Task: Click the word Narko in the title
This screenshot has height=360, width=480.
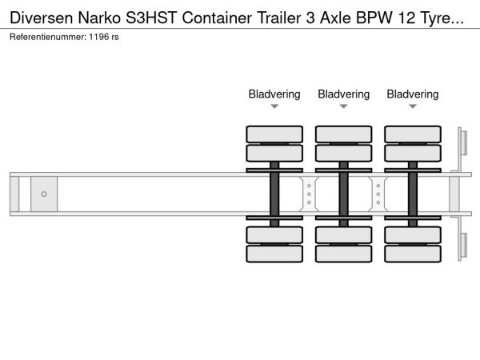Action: click(87, 14)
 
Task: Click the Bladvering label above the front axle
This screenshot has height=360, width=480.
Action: click(274, 94)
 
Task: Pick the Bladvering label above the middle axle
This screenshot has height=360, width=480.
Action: click(343, 94)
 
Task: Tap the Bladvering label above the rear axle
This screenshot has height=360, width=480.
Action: click(413, 94)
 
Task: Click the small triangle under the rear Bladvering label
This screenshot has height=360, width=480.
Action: click(413, 106)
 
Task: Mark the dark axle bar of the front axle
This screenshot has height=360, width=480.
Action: click(274, 194)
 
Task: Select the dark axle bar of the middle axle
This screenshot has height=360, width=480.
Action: click(343, 194)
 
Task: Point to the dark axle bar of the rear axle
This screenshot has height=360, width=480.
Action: click(413, 194)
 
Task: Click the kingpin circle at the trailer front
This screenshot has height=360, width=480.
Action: click(44, 194)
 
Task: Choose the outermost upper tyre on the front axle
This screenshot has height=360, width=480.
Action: click(274, 134)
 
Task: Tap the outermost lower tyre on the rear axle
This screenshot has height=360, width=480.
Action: click(413, 254)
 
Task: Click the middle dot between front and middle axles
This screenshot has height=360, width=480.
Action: click(309, 194)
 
